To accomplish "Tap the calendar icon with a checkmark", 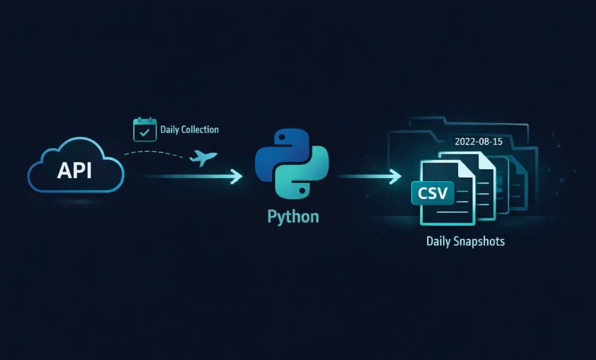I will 145,130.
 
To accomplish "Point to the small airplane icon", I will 203,158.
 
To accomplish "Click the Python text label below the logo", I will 293,217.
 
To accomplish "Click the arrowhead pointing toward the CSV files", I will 395,176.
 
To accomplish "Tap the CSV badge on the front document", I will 432,194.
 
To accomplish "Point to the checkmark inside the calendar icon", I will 145,132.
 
